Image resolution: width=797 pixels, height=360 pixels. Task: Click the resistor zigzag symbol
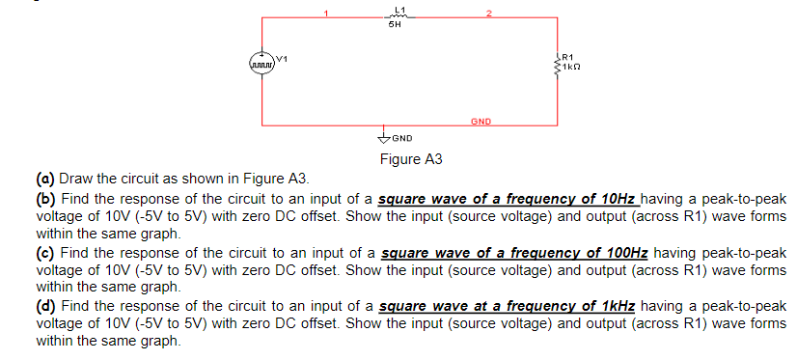[557, 67]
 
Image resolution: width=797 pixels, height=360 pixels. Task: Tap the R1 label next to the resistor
[567, 58]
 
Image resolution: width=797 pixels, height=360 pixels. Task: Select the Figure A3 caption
[411, 159]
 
